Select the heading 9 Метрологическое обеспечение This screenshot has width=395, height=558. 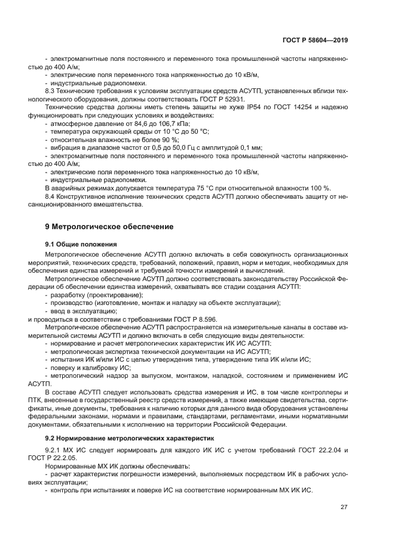click(109, 227)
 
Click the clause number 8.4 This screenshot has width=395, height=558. click(52, 196)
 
